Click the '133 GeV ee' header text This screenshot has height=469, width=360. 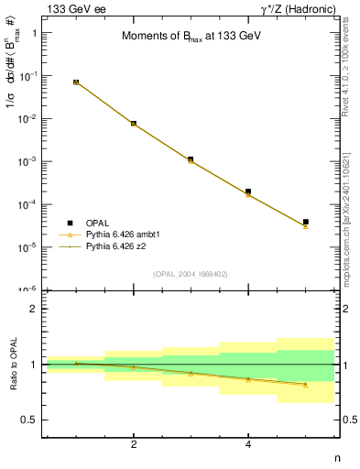click(x=73, y=8)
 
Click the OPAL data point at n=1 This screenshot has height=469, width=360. click(x=76, y=82)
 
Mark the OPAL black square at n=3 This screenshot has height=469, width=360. click(x=191, y=159)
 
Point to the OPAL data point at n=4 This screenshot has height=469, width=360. click(x=248, y=191)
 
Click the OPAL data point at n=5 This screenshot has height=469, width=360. click(x=306, y=222)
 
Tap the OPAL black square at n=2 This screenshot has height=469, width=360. click(x=134, y=123)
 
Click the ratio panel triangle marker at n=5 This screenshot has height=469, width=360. click(x=306, y=385)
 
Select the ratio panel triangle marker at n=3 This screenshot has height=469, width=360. click(x=191, y=374)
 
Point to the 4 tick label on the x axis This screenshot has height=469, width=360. click(x=248, y=444)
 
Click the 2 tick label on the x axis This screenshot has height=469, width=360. click(x=134, y=444)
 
